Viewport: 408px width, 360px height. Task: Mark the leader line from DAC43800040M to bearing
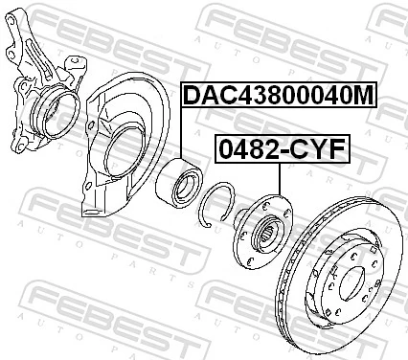pyautogui.click(x=182, y=134)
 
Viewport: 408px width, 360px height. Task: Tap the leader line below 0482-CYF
pyautogui.click(x=278, y=182)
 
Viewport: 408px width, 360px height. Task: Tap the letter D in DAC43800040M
pyautogui.click(x=191, y=96)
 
